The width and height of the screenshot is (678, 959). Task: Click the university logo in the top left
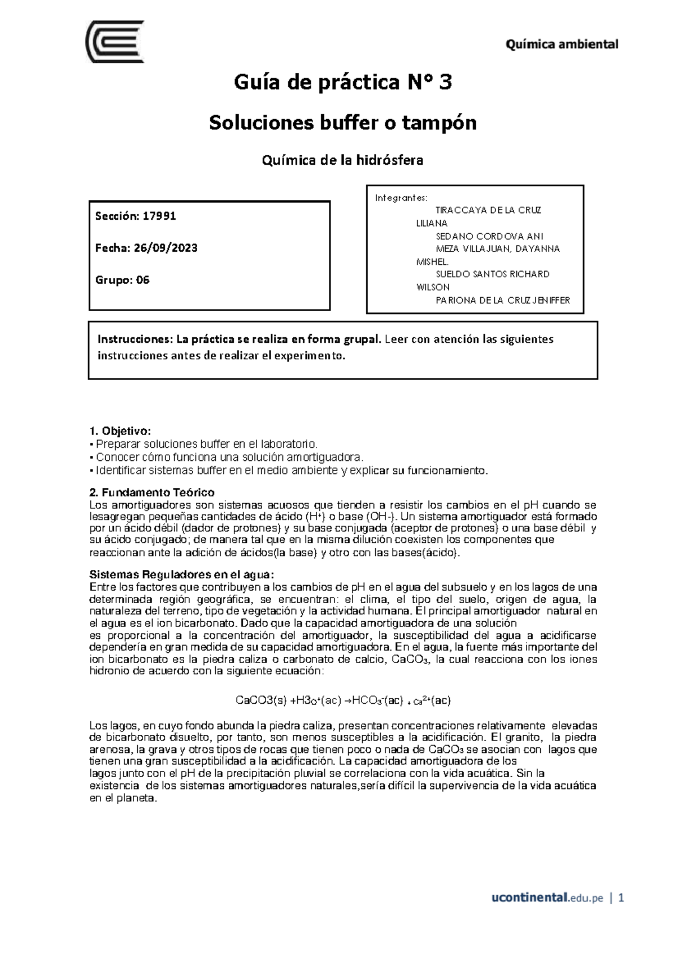tap(114, 43)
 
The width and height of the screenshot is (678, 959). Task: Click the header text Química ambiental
tap(562, 44)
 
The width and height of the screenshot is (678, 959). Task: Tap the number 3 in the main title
tap(445, 83)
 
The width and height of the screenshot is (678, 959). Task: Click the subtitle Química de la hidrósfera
tap(342, 160)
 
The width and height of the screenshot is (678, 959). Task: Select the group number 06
tap(142, 280)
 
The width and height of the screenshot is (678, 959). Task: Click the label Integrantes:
tap(401, 198)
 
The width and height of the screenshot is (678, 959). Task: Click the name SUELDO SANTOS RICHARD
tap(492, 274)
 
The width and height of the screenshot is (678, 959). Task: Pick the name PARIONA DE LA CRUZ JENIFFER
tap(502, 300)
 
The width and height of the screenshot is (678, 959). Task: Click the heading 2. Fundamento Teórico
tap(152, 492)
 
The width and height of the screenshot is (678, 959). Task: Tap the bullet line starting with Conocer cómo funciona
tap(226, 457)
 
